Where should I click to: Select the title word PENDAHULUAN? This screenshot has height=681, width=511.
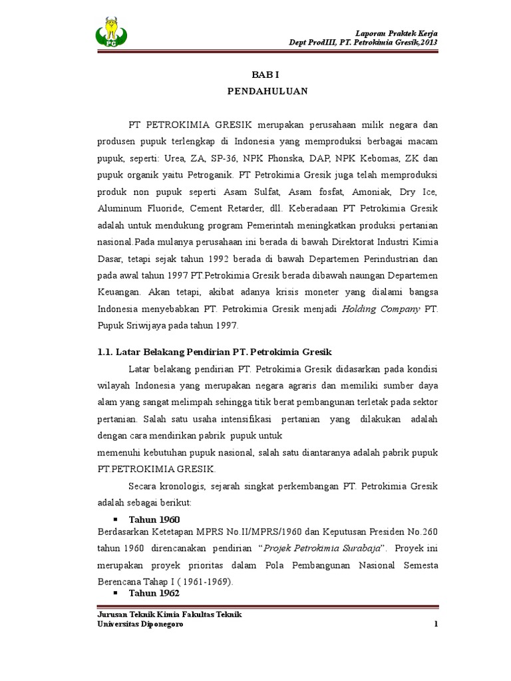(265, 92)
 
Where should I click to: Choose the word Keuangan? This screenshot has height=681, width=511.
(118, 292)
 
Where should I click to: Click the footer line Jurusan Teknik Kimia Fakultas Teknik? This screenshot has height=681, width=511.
(169, 614)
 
